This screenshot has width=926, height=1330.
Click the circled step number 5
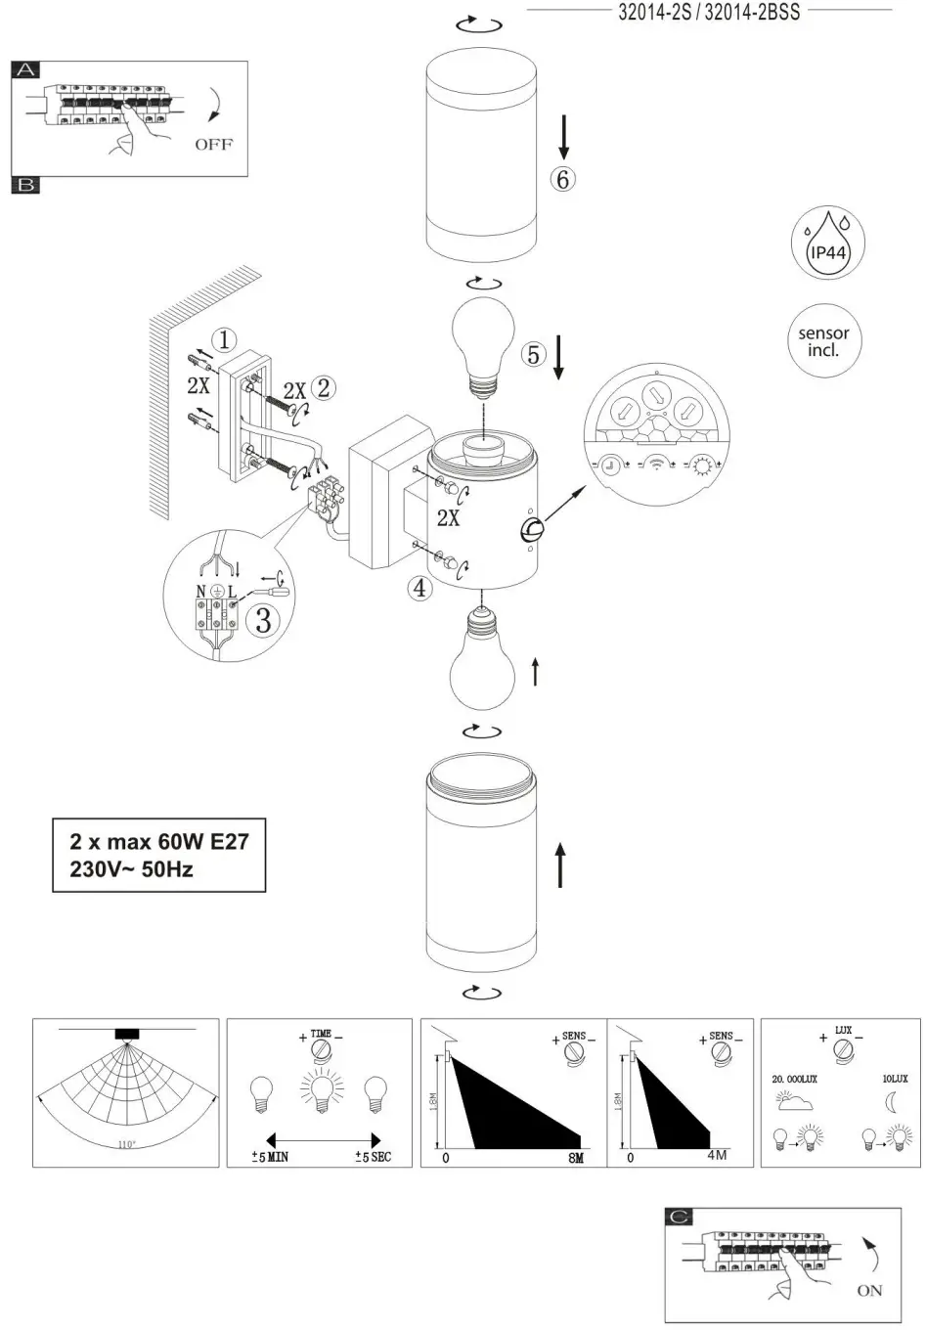(x=533, y=354)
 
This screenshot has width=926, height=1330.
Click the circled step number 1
(x=224, y=340)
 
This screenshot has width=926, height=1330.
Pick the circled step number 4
(x=419, y=588)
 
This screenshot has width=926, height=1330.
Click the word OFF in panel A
(x=213, y=144)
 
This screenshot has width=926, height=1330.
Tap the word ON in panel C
(x=868, y=1290)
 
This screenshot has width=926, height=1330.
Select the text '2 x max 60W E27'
(x=158, y=841)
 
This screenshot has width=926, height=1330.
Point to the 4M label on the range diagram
(x=717, y=1157)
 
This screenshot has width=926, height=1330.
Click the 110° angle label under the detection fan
(x=126, y=1144)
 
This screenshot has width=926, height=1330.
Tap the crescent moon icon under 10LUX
(x=891, y=1102)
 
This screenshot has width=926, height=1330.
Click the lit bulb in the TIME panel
(x=319, y=1093)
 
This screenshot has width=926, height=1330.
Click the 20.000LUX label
(x=794, y=1079)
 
